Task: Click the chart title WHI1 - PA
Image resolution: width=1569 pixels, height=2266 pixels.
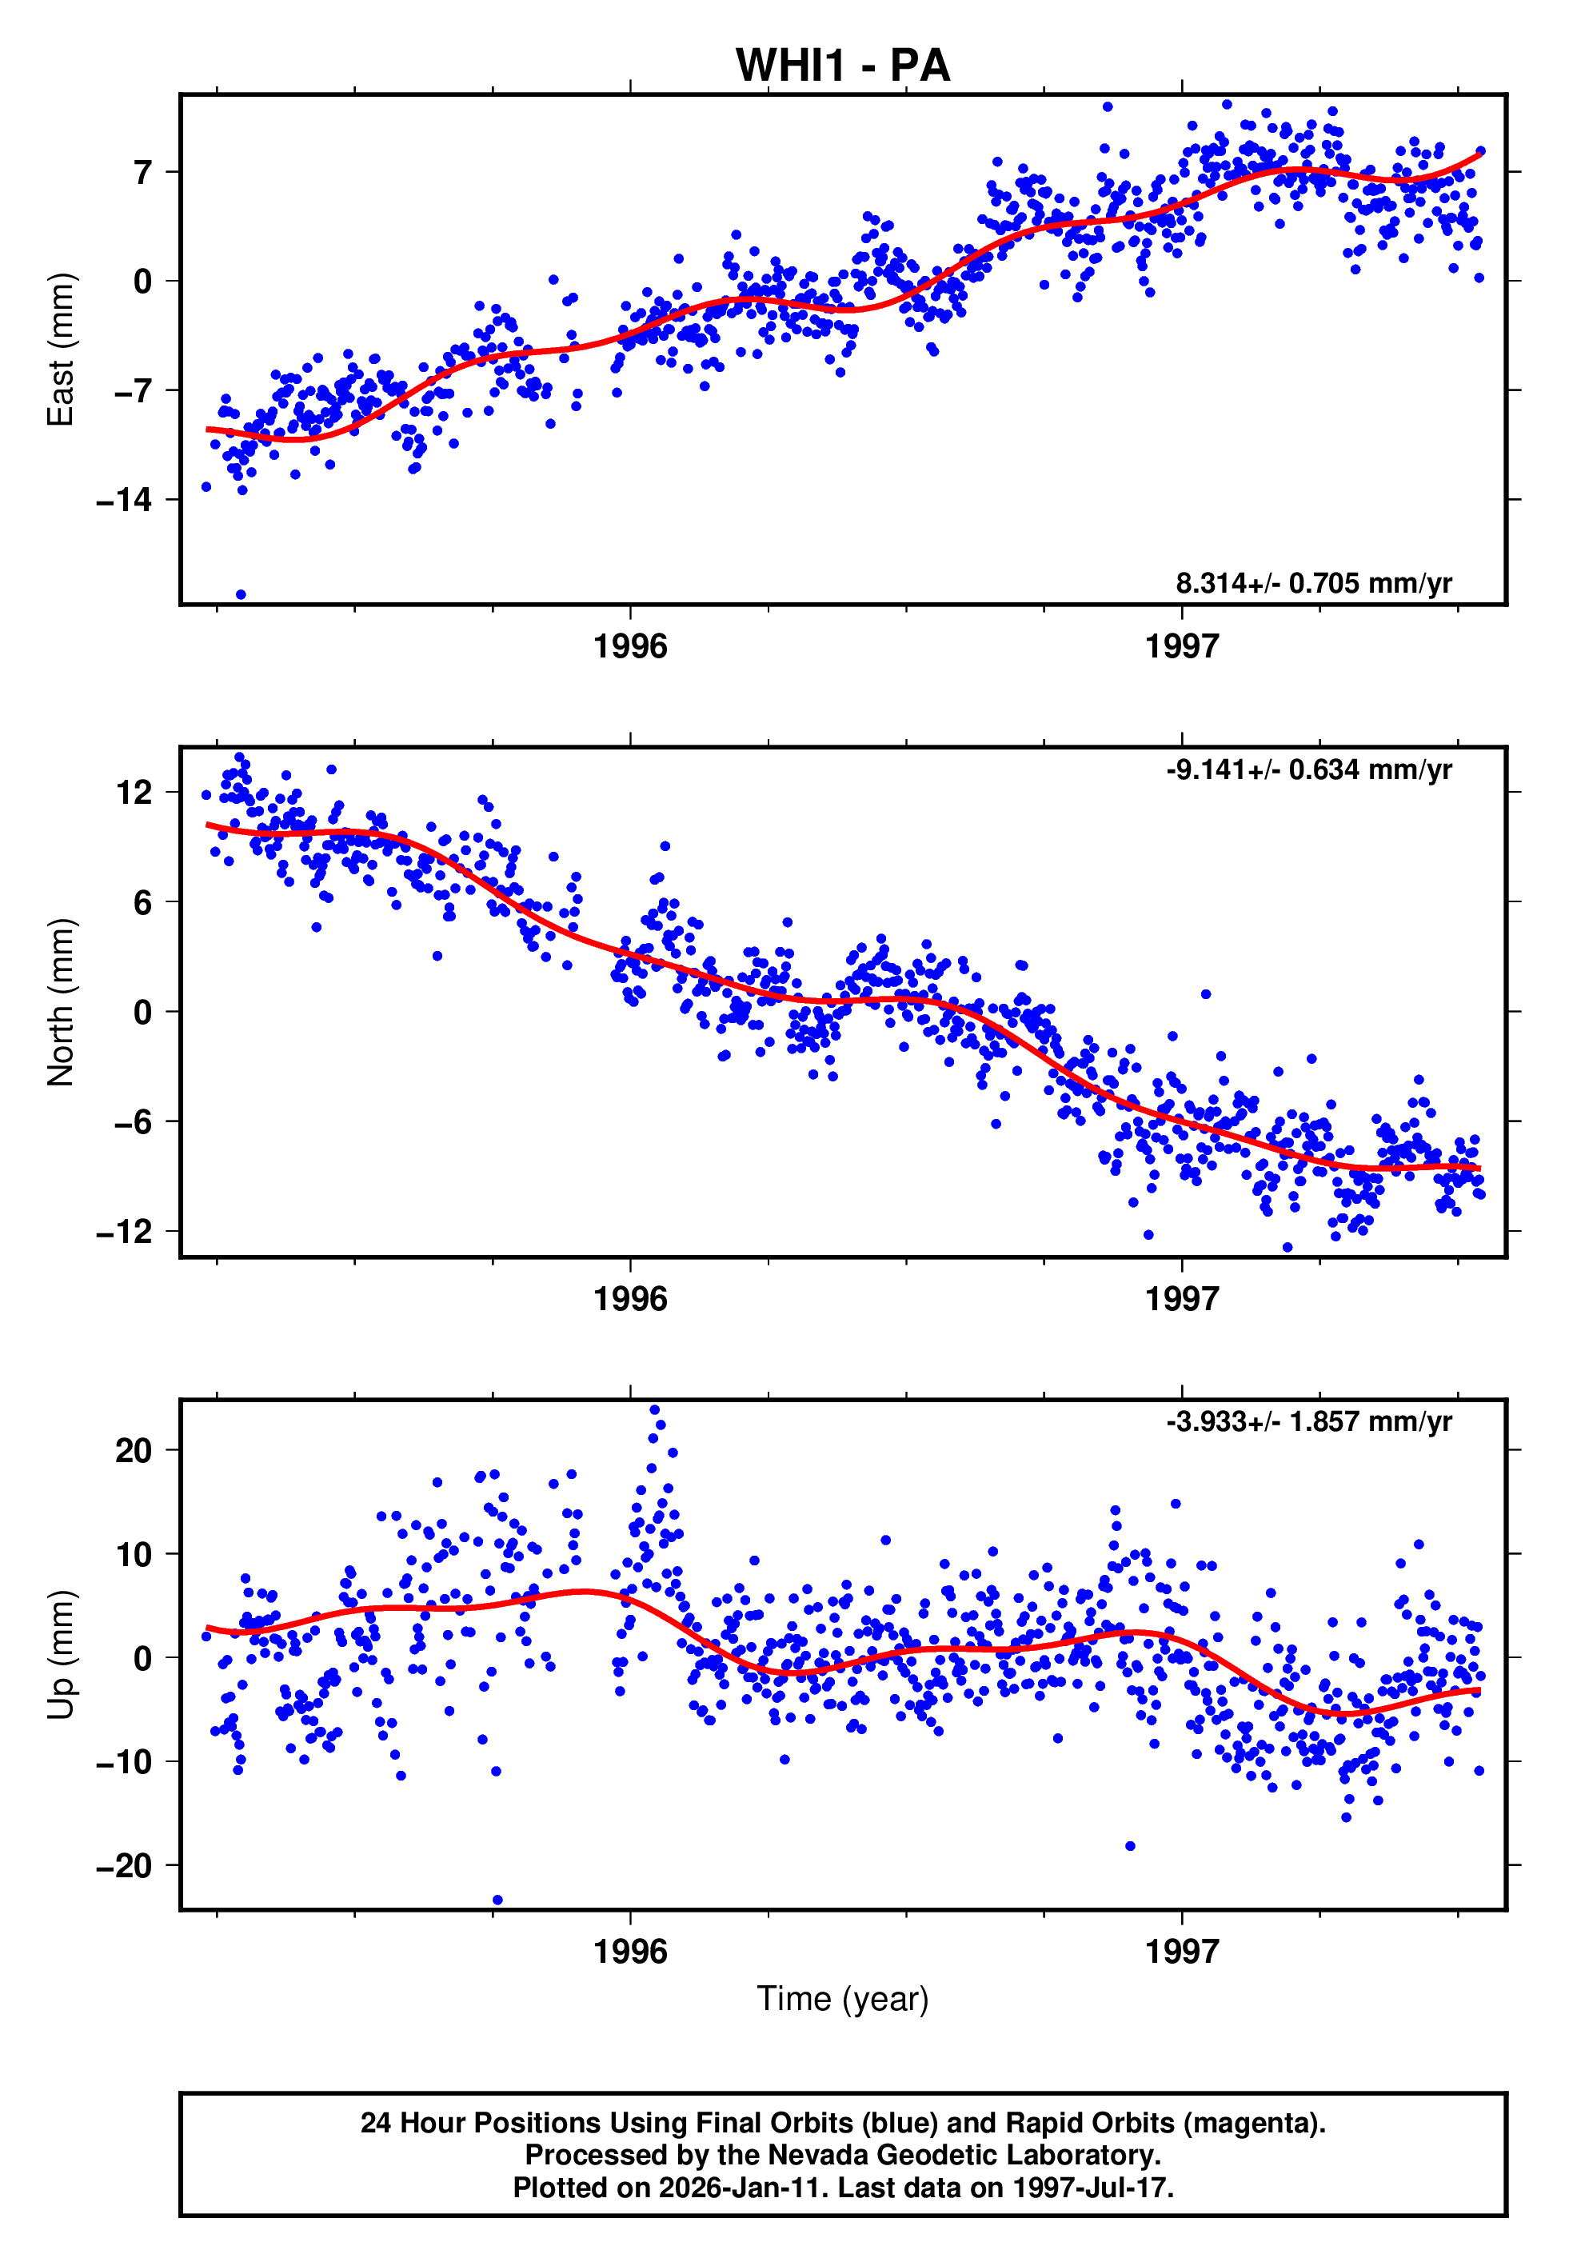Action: point(843,66)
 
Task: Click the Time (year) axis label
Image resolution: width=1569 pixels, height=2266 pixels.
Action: point(843,1999)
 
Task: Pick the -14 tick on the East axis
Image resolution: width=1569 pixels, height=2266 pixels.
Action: point(124,501)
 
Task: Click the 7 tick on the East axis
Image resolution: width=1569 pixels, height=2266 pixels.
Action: point(143,173)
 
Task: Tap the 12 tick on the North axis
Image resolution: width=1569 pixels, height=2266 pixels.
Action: point(134,793)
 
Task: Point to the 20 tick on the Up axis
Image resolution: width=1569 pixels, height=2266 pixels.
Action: point(134,1450)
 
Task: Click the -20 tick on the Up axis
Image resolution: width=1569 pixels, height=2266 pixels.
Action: point(124,1866)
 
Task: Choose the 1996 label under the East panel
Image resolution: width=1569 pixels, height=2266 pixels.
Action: point(630,647)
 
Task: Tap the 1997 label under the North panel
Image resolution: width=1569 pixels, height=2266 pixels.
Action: point(1182,1300)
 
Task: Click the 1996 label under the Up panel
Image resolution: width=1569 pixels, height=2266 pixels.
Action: point(630,1952)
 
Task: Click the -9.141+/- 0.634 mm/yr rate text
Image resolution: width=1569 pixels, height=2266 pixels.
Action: point(1308,769)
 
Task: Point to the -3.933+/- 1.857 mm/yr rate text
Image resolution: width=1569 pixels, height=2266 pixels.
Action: point(1308,1422)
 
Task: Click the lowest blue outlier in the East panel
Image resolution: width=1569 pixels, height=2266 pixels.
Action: point(241,595)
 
